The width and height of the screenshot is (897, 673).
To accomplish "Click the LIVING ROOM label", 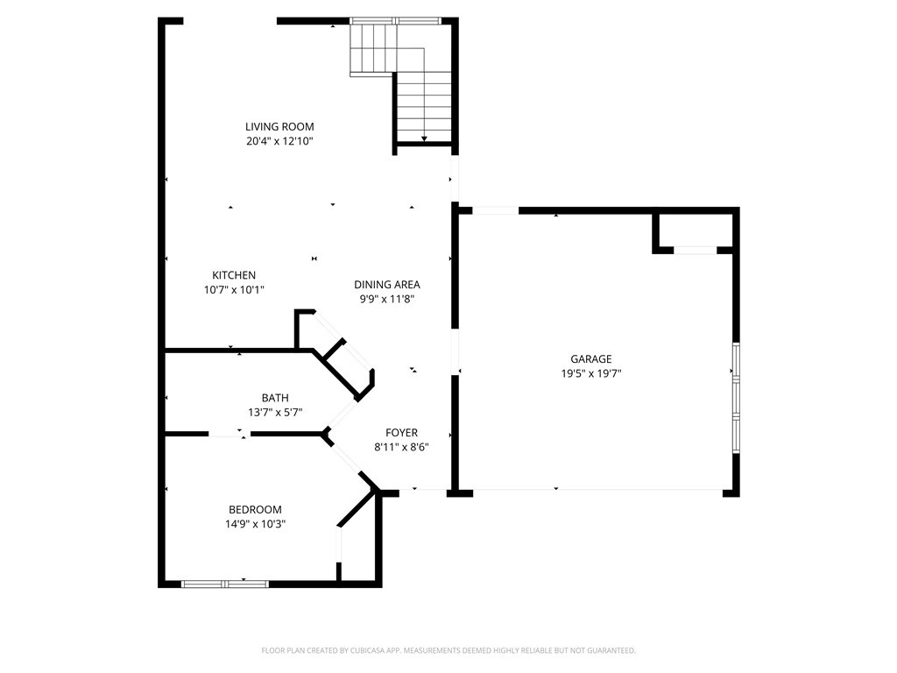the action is pyautogui.click(x=279, y=126).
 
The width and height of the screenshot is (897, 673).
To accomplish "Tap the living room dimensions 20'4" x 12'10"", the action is pyautogui.click(x=279, y=141).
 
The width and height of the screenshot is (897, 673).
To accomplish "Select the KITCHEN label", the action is pyautogui.click(x=234, y=275).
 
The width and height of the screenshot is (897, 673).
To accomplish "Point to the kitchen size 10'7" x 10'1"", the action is pyautogui.click(x=234, y=289).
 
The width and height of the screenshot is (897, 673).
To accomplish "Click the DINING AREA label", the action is pyautogui.click(x=387, y=285).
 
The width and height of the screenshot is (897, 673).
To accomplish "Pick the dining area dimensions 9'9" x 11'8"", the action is pyautogui.click(x=387, y=299).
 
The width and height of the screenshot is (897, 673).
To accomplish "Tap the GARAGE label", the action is pyautogui.click(x=591, y=359).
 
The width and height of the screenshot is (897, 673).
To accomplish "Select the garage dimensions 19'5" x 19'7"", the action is pyautogui.click(x=591, y=373).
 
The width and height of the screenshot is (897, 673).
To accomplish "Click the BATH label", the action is pyautogui.click(x=275, y=398).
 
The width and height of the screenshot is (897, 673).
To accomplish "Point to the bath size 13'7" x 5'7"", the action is pyautogui.click(x=275, y=412).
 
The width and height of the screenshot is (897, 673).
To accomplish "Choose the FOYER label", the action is pyautogui.click(x=401, y=433).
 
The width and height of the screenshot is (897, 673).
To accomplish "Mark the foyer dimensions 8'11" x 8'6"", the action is pyautogui.click(x=401, y=448).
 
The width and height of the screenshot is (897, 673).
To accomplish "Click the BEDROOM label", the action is pyautogui.click(x=255, y=510).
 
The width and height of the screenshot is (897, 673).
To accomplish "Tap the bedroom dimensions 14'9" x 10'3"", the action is pyautogui.click(x=255, y=524).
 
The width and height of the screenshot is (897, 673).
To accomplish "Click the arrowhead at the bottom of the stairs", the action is pyautogui.click(x=425, y=138).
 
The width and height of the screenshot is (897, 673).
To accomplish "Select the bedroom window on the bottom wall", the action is pyautogui.click(x=225, y=584).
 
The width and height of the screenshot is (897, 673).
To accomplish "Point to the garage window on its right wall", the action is pyautogui.click(x=736, y=398).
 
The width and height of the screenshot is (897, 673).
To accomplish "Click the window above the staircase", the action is pyautogui.click(x=395, y=21).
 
